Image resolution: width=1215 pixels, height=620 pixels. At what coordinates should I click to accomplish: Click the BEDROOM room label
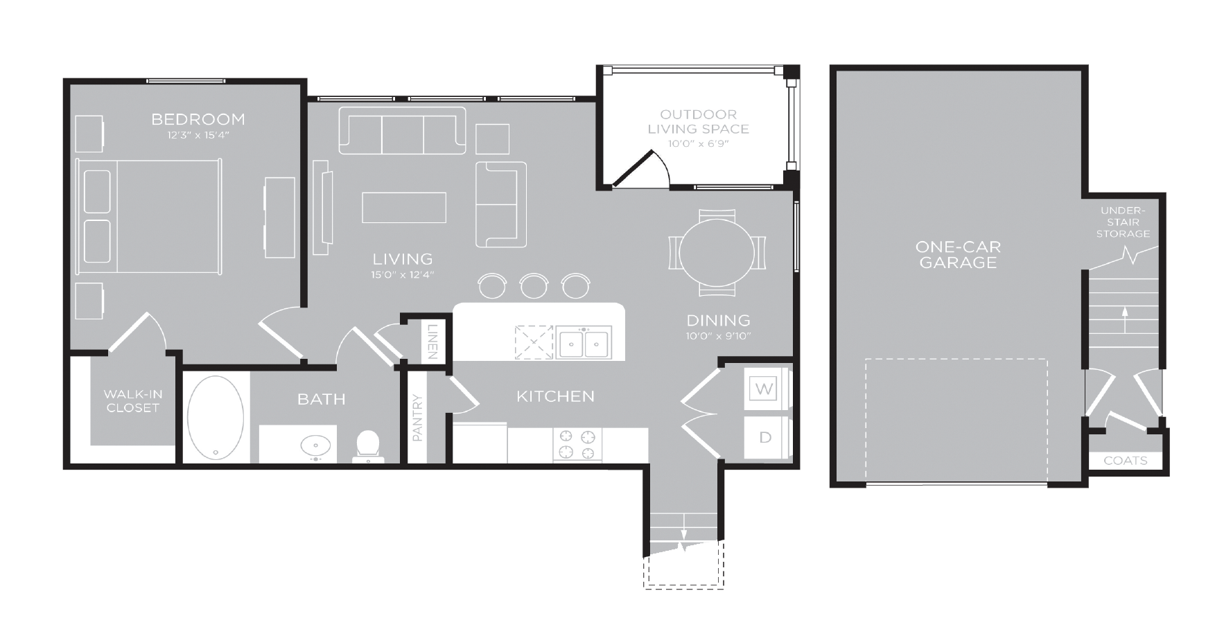point(198,119)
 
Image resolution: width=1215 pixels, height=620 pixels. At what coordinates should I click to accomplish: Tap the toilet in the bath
point(368,447)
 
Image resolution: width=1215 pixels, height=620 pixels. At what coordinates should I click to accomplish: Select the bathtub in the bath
point(216,418)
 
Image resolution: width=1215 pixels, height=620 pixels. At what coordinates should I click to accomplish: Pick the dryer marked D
point(765,437)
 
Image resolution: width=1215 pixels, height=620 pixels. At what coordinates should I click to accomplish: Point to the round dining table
point(717,252)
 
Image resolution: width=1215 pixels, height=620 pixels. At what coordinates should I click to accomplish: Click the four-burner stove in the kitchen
point(577,445)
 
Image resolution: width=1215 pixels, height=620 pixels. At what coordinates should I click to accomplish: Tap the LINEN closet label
point(432,341)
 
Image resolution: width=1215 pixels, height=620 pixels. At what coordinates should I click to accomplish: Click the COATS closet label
point(1125,461)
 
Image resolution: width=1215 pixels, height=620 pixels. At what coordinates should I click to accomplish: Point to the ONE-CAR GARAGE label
point(958,254)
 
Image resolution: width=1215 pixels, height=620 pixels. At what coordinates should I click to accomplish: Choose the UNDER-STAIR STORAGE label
point(1123,222)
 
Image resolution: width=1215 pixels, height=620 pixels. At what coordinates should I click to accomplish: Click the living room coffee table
point(404,208)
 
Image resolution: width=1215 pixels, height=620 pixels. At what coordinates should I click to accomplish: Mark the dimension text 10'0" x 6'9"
point(698,144)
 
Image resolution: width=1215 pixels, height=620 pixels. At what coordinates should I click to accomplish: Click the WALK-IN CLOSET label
point(133,401)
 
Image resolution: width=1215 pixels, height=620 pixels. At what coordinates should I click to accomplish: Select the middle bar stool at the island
point(534,285)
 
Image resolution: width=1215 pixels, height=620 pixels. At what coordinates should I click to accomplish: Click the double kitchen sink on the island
point(584,343)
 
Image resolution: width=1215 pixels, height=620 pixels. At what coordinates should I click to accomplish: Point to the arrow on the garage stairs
point(1124,321)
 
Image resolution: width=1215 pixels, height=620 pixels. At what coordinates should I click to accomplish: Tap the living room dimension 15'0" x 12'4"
point(402,275)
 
